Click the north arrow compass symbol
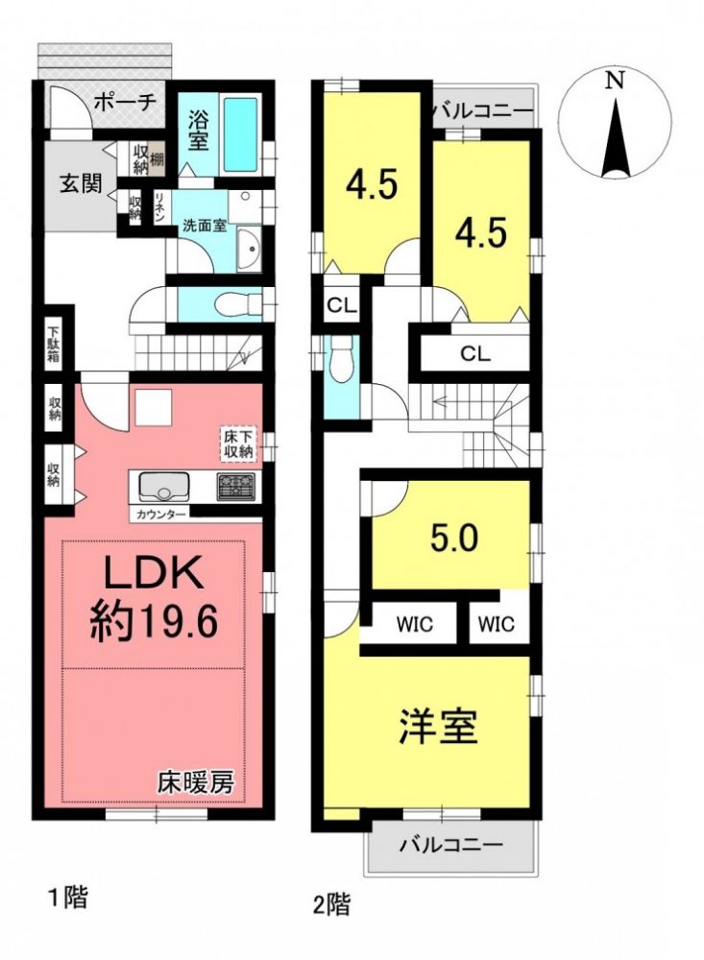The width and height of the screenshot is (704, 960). (615, 125)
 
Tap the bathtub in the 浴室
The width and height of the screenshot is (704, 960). (240, 134)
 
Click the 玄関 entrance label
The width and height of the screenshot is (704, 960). (81, 183)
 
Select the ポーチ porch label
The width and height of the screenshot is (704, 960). (125, 102)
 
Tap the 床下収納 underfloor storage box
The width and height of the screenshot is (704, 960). (238, 445)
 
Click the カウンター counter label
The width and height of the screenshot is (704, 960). (160, 515)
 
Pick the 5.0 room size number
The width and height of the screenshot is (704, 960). (454, 539)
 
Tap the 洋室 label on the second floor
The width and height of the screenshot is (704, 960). (438, 726)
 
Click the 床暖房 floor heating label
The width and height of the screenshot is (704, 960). (196, 781)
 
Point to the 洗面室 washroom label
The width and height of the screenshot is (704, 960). (205, 226)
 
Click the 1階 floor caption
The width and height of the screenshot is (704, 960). (67, 897)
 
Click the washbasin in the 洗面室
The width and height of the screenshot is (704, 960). (249, 250)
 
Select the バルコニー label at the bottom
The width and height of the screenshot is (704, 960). (452, 845)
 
